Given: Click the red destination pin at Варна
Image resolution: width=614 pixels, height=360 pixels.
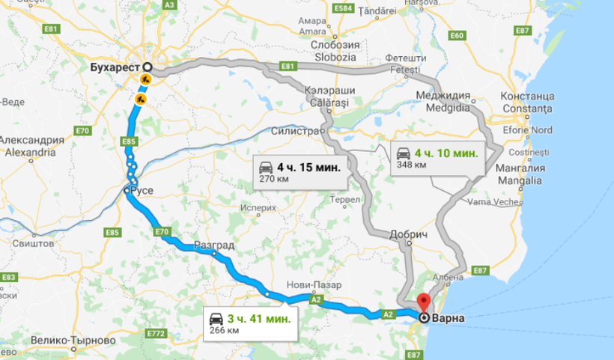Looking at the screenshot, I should tap(424, 304).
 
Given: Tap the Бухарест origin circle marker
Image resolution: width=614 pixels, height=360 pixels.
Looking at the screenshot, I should tap(147, 67).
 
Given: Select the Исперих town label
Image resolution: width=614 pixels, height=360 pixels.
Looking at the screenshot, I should tap(257, 207).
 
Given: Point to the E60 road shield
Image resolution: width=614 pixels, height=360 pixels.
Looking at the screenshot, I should tap(457, 36).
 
